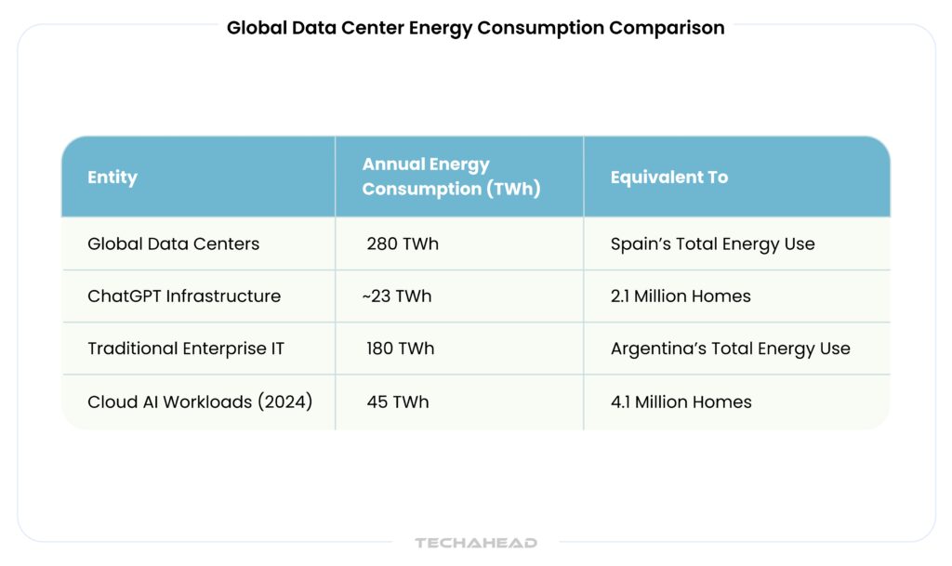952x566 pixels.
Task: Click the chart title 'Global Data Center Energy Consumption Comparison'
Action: pos(475,28)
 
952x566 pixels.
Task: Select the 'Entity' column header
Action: pos(112,178)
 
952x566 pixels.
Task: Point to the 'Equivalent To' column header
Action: pos(668,178)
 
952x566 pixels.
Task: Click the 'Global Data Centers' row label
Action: pos(173,244)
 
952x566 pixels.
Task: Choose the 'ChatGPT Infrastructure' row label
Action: pos(183,296)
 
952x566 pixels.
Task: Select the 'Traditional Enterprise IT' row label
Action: pos(185,349)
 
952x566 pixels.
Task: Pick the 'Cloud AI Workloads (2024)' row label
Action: pos(200,402)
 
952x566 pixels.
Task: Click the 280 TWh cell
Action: pos(403,244)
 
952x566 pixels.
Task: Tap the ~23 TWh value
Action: pos(397,296)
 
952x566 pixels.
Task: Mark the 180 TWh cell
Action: pos(401,349)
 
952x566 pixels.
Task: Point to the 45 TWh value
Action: pos(398,402)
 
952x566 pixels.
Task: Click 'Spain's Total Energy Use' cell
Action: pos(712,244)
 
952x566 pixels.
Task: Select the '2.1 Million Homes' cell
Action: pos(681,296)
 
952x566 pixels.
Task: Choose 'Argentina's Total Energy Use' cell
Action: pos(730,349)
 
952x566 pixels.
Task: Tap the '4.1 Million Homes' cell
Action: pos(681,402)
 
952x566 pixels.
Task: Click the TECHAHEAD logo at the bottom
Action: pos(475,543)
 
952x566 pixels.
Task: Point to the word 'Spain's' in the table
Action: pos(638,244)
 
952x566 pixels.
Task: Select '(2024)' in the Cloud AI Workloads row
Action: pos(284,402)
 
